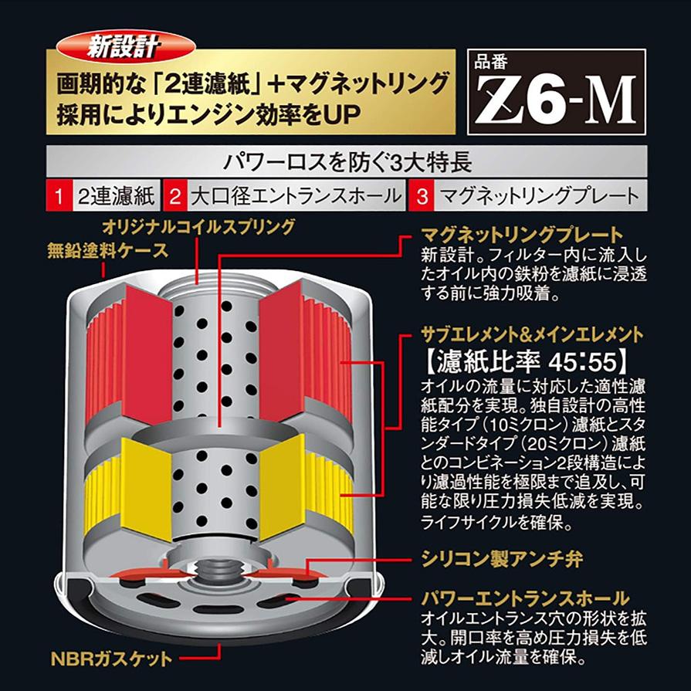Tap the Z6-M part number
pyautogui.click(x=555, y=101)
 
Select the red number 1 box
pyautogui.click(x=57, y=196)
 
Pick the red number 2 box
pyautogui.click(x=175, y=196)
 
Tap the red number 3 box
pyautogui.click(x=422, y=196)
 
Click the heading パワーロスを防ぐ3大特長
pyautogui.click(x=346, y=163)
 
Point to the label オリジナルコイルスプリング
pyautogui.click(x=198, y=226)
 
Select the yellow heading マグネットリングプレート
pyautogui.click(x=521, y=235)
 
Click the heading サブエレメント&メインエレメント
pyautogui.click(x=532, y=334)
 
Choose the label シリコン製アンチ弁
pyautogui.click(x=502, y=557)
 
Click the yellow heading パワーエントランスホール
pyautogui.click(x=526, y=598)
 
